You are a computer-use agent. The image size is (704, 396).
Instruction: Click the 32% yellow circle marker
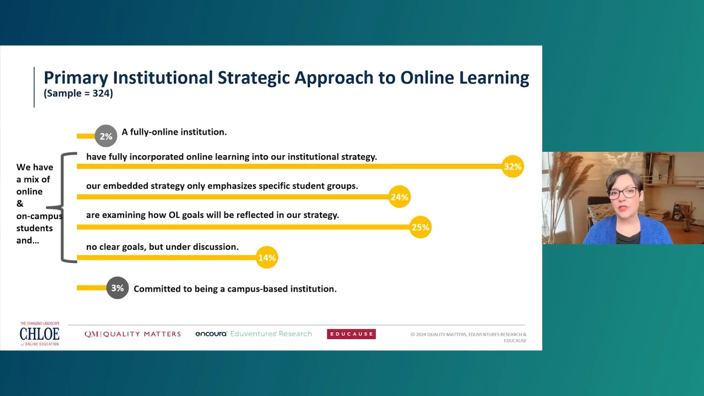(x=513, y=166)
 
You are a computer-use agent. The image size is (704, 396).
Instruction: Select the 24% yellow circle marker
(x=399, y=197)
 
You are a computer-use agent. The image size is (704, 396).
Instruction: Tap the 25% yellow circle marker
(x=421, y=227)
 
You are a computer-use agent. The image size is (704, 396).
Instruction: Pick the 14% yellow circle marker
(x=267, y=257)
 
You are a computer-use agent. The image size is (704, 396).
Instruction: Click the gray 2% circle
(x=106, y=136)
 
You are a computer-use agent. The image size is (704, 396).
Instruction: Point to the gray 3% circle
(x=118, y=288)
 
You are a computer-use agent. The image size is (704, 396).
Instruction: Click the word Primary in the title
(x=76, y=78)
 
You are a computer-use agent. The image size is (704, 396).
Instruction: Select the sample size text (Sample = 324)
(x=78, y=94)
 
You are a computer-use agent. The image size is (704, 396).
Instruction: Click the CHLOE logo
(x=40, y=334)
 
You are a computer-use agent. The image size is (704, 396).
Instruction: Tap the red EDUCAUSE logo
(x=351, y=334)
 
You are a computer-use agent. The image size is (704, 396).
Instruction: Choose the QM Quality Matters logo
(x=133, y=334)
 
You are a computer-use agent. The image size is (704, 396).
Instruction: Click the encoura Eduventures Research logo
(x=254, y=334)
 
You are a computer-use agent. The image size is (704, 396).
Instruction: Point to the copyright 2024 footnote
(x=468, y=337)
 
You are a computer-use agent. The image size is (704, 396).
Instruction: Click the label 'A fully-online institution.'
(x=174, y=132)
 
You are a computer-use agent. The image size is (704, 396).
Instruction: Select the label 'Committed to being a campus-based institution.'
(x=235, y=289)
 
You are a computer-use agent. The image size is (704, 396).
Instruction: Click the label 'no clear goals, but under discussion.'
(x=162, y=247)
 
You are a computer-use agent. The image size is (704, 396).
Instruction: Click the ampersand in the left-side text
(x=20, y=204)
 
